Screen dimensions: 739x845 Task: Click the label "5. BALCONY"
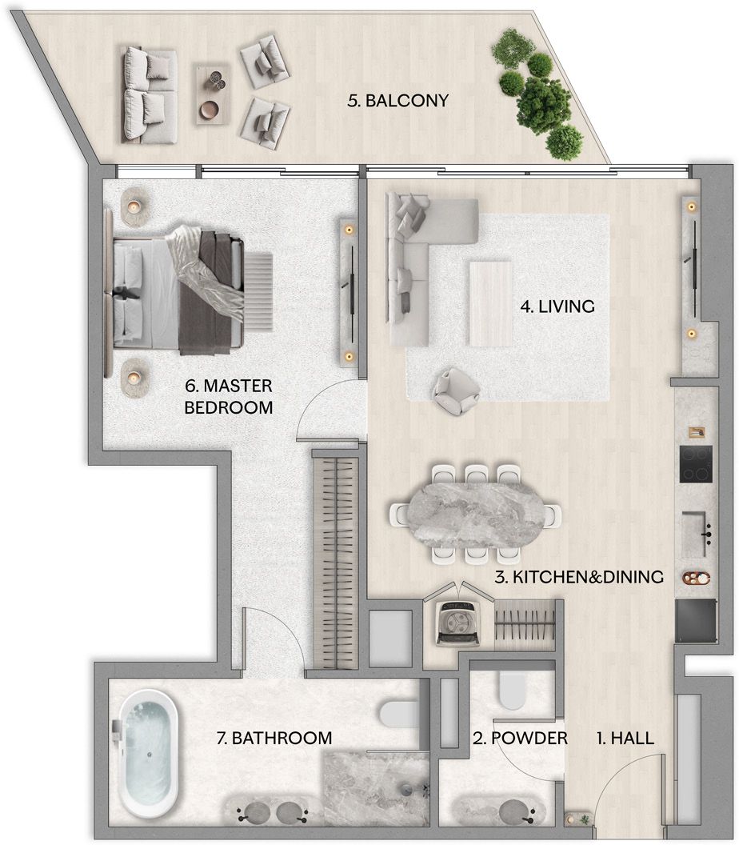(x=398, y=101)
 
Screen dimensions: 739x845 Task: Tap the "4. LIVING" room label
(x=557, y=306)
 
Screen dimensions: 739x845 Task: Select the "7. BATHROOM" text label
(x=274, y=738)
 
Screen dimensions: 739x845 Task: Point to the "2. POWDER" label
(x=521, y=738)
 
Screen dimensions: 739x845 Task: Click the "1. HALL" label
(x=625, y=738)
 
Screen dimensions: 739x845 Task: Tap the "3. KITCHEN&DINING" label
(x=579, y=577)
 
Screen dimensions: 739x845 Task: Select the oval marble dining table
(x=476, y=515)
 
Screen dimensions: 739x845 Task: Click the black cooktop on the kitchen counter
(x=695, y=464)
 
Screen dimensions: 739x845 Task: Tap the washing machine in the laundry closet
(x=459, y=623)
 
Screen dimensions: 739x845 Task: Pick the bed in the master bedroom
(x=178, y=290)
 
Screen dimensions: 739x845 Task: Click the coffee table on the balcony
(x=212, y=94)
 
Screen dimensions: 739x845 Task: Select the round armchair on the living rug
(x=457, y=390)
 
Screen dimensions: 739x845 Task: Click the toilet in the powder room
(x=512, y=691)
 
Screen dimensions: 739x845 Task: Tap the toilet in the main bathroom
(x=399, y=715)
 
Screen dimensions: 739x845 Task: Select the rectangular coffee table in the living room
(x=490, y=304)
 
